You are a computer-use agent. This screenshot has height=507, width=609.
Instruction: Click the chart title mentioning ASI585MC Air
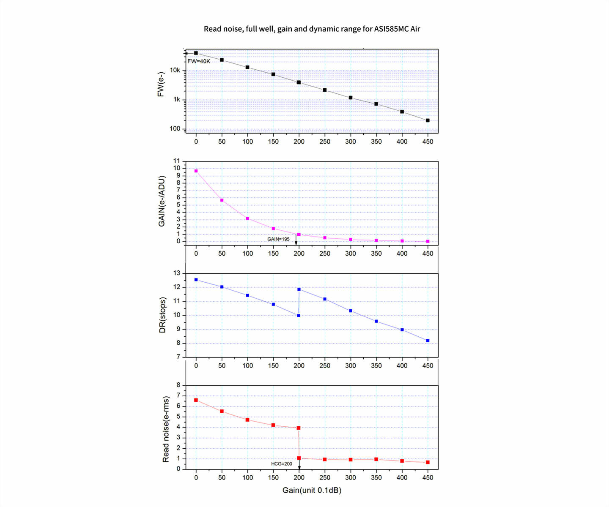pyautogui.click(x=312, y=29)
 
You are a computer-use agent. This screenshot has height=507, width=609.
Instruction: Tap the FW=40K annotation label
pyautogui.click(x=199, y=61)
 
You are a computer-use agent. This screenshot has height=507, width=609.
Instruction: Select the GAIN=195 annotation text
pyautogui.click(x=278, y=239)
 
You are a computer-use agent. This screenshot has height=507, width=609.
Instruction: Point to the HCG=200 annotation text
pyautogui.click(x=282, y=463)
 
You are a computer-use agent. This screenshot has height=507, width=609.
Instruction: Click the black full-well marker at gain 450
pyautogui.click(x=428, y=120)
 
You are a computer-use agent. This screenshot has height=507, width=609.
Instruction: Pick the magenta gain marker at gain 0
pyautogui.click(x=196, y=171)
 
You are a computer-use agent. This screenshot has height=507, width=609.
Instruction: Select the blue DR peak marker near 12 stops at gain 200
pyautogui.click(x=299, y=289)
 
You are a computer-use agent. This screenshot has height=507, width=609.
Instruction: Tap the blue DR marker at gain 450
pyautogui.click(x=428, y=341)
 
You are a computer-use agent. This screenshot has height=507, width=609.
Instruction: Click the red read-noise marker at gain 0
pyautogui.click(x=196, y=400)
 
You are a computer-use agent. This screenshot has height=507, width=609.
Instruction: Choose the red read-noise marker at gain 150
pyautogui.click(x=273, y=425)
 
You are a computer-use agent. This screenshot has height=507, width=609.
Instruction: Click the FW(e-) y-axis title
pyautogui.click(x=161, y=84)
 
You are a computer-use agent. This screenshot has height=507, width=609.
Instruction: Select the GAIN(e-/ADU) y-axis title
pyautogui.click(x=162, y=201)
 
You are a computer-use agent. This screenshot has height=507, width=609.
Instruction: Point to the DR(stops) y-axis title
pyautogui.click(x=162, y=315)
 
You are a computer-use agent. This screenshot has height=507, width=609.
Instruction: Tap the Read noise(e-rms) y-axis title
pyautogui.click(x=166, y=429)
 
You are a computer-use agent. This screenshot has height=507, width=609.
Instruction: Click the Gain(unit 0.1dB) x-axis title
pyautogui.click(x=312, y=490)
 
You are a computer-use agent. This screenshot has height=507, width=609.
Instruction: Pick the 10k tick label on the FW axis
pyautogui.click(x=175, y=71)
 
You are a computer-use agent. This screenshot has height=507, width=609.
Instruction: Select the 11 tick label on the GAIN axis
pyautogui.click(x=176, y=161)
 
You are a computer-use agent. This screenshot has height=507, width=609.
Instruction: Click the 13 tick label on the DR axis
pyautogui.click(x=176, y=273)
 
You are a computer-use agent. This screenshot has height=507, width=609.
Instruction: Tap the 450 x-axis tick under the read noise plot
pyautogui.click(x=428, y=477)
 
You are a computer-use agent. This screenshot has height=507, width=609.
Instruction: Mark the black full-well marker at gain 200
pyautogui.click(x=299, y=82)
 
